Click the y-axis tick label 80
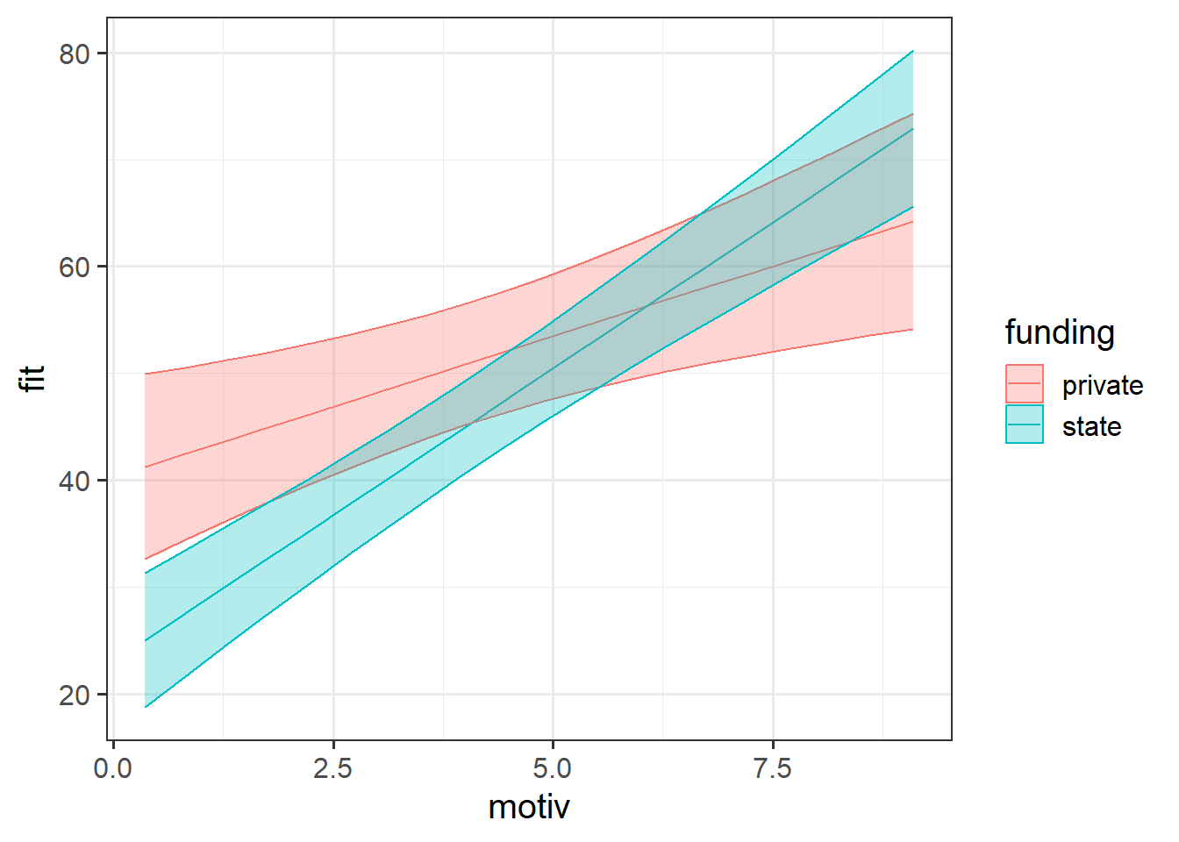coord(75,54)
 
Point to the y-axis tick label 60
coord(75,267)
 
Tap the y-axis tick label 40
coord(75,481)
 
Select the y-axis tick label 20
coord(75,695)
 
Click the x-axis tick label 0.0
coord(112,769)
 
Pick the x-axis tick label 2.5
coord(332,769)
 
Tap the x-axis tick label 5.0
coord(552,769)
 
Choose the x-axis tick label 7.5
coord(772,769)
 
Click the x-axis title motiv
coord(529,807)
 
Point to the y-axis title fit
coord(33,379)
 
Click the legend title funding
coord(1060,332)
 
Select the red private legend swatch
coord(1025,384)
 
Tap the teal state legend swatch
coord(1025,425)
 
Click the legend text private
coord(1103,385)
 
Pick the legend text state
coord(1091,426)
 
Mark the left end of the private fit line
coord(145,467)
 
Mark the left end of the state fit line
coord(145,640)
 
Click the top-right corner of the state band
coord(913,51)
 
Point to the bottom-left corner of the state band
coord(145,707)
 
